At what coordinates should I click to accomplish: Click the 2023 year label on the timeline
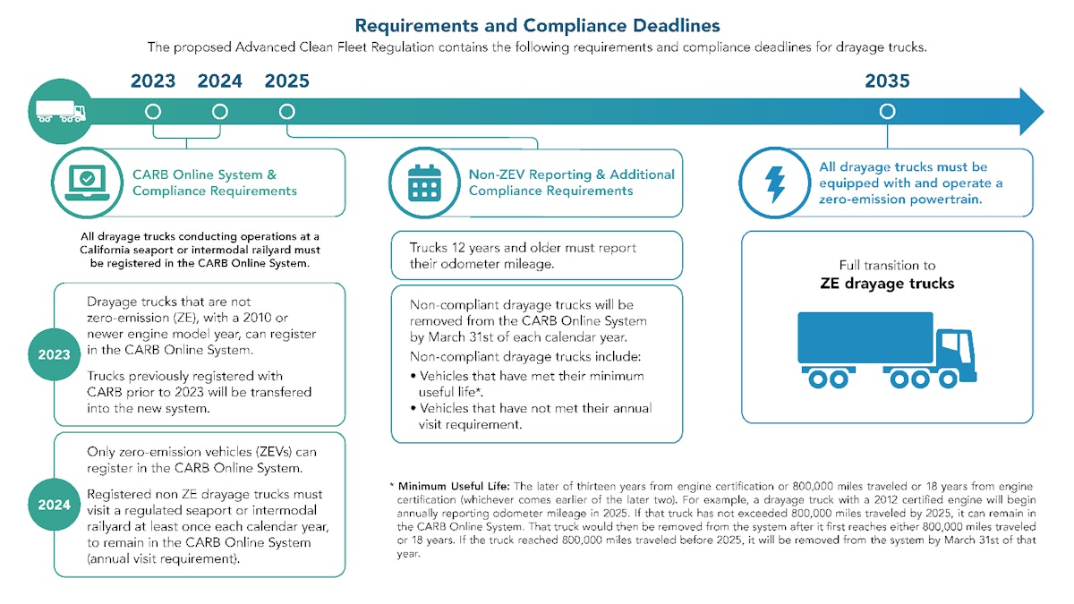point(153,81)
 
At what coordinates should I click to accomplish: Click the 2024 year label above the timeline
point(220,81)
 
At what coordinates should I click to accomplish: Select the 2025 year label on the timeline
point(286,81)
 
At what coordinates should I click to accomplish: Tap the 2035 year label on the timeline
point(887,81)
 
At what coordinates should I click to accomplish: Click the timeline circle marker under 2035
point(887,112)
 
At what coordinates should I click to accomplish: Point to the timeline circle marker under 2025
point(286,112)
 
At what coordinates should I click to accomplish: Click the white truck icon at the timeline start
point(60,112)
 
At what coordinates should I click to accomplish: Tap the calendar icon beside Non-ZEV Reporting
point(423,183)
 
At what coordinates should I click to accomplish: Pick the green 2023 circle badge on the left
point(54,354)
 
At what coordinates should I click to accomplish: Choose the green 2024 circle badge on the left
point(54,505)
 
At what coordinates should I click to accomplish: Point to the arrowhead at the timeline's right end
point(1031,112)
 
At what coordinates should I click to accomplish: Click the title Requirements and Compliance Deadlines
point(537,25)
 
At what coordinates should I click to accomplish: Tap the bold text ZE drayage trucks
point(887,284)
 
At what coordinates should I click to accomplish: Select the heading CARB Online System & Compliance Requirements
point(215,183)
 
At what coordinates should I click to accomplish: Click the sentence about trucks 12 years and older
point(523,255)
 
